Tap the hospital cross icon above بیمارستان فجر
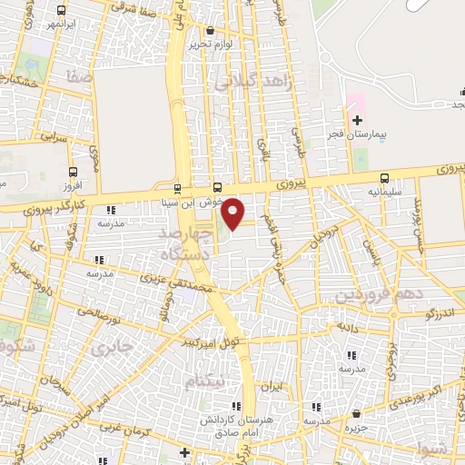coord(357,120)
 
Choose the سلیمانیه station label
coord(385,193)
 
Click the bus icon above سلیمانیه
coord(385,179)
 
